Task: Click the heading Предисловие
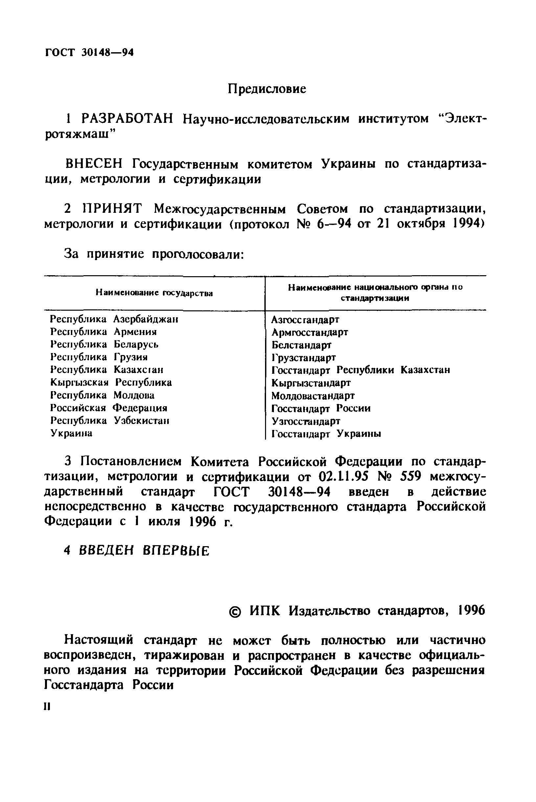point(267,90)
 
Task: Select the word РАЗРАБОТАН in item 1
point(127,119)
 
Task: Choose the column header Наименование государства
point(154,293)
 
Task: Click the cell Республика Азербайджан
point(114,319)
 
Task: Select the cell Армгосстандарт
point(310,332)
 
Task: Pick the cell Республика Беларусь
point(104,344)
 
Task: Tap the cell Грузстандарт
point(303,358)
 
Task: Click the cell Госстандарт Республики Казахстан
point(361,370)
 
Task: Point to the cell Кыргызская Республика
point(111,383)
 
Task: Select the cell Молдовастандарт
point(313,396)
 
